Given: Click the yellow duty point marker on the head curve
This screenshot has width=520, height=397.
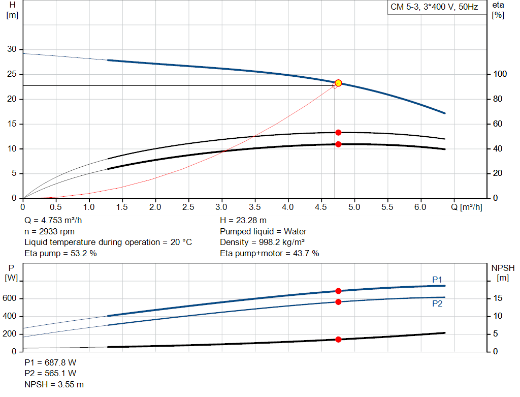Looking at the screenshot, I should point(338,83).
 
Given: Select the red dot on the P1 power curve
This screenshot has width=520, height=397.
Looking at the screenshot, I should point(338,291).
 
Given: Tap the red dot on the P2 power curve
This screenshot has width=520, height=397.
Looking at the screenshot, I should point(338,302).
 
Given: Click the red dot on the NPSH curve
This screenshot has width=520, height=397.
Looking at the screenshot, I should point(338,339).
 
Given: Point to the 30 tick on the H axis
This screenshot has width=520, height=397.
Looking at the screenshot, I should point(11,49).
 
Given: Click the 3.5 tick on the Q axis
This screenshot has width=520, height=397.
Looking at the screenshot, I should point(254,207).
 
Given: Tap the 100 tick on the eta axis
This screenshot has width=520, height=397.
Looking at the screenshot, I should point(498,74).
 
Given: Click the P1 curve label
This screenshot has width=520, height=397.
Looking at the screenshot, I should point(437,280).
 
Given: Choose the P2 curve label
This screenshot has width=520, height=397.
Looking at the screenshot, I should point(437,303).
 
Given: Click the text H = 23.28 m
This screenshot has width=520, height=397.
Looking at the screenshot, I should point(243,221).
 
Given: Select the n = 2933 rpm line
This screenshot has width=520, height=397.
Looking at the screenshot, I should point(51,231).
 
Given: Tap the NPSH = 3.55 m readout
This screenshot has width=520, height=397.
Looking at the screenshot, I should point(54,384).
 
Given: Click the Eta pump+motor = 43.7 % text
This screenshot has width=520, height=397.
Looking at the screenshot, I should point(270,253).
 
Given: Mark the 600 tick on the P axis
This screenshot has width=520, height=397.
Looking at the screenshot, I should point(11,298).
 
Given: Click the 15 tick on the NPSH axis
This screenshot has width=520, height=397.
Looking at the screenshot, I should point(498,298).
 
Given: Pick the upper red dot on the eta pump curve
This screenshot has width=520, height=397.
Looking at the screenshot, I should point(338,133).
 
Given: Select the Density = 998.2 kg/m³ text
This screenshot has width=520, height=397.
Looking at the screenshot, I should point(263,242).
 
